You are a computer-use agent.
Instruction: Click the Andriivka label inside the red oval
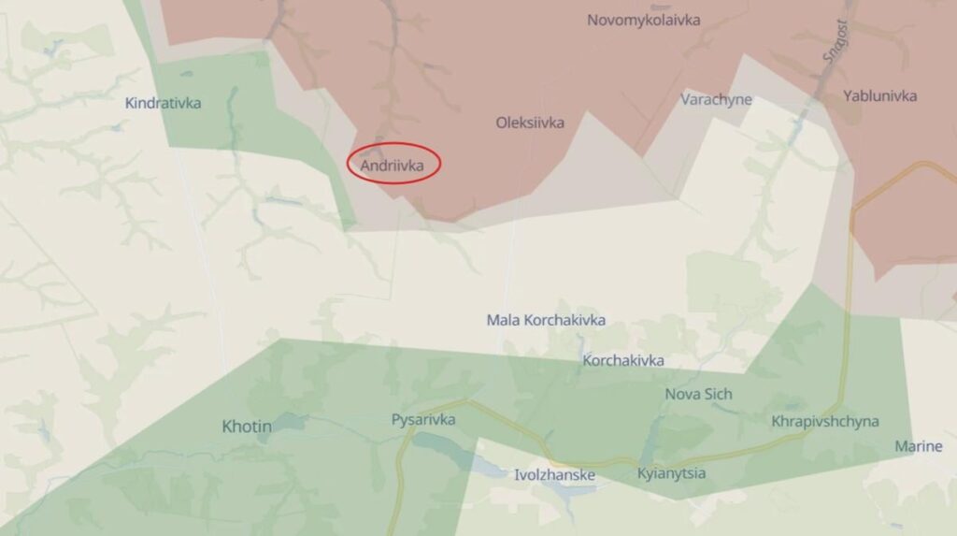[x=393, y=166]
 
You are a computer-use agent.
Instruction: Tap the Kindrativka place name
[x=163, y=103]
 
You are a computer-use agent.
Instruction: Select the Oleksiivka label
[x=530, y=122]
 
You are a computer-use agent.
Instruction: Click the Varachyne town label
[x=716, y=99]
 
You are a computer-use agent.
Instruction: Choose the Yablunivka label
[x=879, y=95]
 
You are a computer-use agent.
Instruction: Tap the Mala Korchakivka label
[x=546, y=320]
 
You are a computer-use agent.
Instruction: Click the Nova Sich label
[x=696, y=394]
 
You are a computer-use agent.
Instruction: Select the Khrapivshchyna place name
[x=825, y=421]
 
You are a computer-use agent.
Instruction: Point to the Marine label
[x=918, y=446]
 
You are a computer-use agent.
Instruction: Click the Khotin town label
[x=247, y=427]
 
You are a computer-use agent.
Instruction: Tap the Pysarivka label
[x=423, y=420]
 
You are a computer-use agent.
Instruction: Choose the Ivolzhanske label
[x=554, y=475]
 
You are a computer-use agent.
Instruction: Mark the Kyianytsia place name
[x=671, y=473]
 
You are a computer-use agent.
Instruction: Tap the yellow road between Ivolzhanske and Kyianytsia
[x=612, y=461]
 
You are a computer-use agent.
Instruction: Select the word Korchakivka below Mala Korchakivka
[x=623, y=360]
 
